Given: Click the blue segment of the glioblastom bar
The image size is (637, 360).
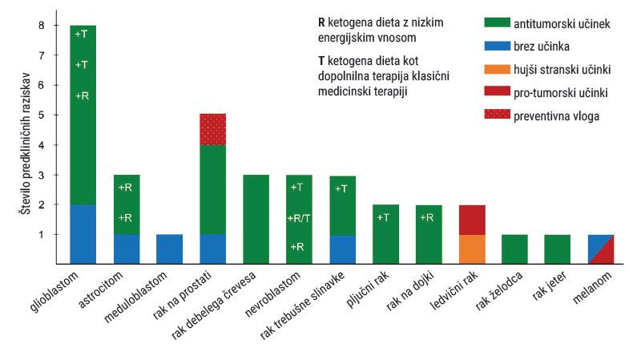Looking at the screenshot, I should point(83,234).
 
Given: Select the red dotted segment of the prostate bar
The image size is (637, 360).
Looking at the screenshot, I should point(212,129).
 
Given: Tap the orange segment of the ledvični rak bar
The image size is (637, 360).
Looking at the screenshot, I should point(472,249).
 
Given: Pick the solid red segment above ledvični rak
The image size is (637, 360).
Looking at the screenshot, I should point(472,220).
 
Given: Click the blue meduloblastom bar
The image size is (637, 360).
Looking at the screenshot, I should point(169,249).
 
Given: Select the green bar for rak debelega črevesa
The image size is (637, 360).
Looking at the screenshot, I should point(255,219).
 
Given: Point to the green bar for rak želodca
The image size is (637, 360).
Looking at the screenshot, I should point(515,249).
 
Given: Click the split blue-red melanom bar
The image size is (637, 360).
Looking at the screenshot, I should point(601,249).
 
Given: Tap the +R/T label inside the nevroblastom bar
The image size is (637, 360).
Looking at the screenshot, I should point(298,217).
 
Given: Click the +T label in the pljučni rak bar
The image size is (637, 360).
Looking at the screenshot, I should point(385,217).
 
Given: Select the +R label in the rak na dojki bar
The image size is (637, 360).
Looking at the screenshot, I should point(429,217).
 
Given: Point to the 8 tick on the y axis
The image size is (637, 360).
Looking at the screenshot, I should point(43,26).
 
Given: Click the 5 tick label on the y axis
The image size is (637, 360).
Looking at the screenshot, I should point(43,115).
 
